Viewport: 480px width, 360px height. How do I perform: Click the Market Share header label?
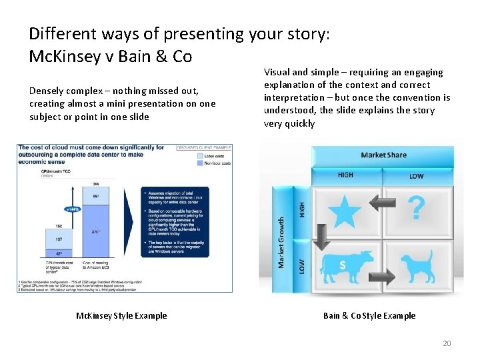[383, 155]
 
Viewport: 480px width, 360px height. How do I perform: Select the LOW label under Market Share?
[416, 176]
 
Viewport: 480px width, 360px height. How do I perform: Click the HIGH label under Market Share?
[345, 175]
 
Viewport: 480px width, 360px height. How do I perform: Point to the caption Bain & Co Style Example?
[369, 315]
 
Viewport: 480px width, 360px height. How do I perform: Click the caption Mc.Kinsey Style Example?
[121, 315]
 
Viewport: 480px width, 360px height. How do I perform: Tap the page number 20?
[446, 343]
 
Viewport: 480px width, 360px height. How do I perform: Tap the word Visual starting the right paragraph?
[278, 72]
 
